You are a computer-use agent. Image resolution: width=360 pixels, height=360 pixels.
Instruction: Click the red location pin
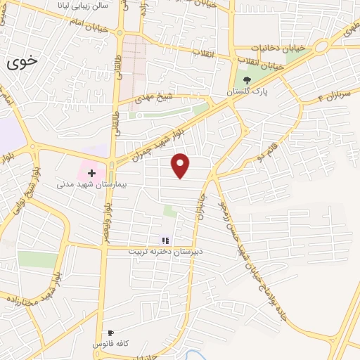click(x=181, y=165)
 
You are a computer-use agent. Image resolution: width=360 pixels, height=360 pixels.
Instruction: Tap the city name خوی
click(x=22, y=62)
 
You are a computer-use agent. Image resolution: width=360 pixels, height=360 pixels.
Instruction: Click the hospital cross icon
click(x=91, y=172)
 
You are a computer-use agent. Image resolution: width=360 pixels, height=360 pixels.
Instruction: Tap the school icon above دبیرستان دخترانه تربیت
click(x=165, y=240)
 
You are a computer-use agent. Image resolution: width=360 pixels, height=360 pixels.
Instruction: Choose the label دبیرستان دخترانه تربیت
click(x=165, y=251)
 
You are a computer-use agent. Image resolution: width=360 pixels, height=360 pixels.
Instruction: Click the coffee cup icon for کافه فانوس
click(x=110, y=333)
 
